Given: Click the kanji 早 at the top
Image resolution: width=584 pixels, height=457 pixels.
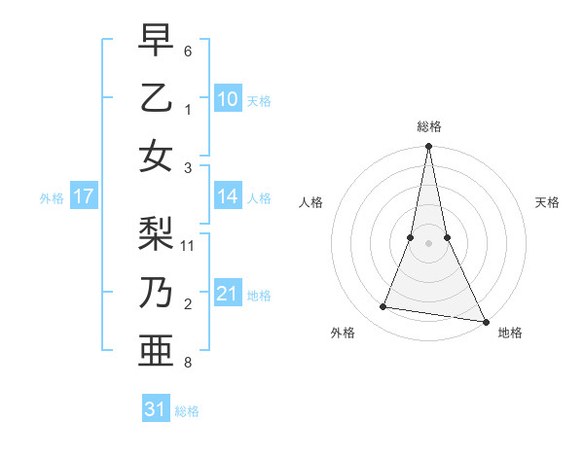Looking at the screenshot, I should point(156,40).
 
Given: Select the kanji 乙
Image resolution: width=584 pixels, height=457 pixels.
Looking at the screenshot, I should point(156,97).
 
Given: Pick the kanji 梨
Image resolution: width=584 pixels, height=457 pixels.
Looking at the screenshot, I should point(156,233).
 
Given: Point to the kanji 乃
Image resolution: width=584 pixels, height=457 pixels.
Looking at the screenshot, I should point(156,292).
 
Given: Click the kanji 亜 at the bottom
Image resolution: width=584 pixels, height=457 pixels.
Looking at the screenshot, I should point(156,350).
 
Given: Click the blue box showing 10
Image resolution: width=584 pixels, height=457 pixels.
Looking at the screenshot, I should point(228,98).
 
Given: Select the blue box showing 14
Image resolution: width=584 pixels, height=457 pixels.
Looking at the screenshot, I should point(228,196).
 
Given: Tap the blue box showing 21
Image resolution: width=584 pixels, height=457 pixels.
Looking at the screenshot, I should point(228,294).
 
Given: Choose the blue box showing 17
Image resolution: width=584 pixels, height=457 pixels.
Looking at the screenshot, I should point(84,196).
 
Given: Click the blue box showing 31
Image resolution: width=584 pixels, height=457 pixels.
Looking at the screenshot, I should point(156,409).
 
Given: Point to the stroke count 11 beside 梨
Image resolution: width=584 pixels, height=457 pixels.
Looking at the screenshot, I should point(189,245).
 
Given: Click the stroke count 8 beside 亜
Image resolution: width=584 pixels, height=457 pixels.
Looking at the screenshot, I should point(188,363).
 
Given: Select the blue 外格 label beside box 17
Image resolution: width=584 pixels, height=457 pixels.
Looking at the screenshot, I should point(52,198).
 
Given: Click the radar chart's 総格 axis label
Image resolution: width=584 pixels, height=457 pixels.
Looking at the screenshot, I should point(428,126).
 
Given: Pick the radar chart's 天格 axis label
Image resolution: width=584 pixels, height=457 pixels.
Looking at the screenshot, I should point(548,202).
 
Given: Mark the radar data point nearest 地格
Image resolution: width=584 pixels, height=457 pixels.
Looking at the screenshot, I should point(485,319).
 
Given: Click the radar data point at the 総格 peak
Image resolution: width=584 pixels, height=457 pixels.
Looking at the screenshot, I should point(428,147).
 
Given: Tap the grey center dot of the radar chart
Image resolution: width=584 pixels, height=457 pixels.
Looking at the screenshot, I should point(428,243).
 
